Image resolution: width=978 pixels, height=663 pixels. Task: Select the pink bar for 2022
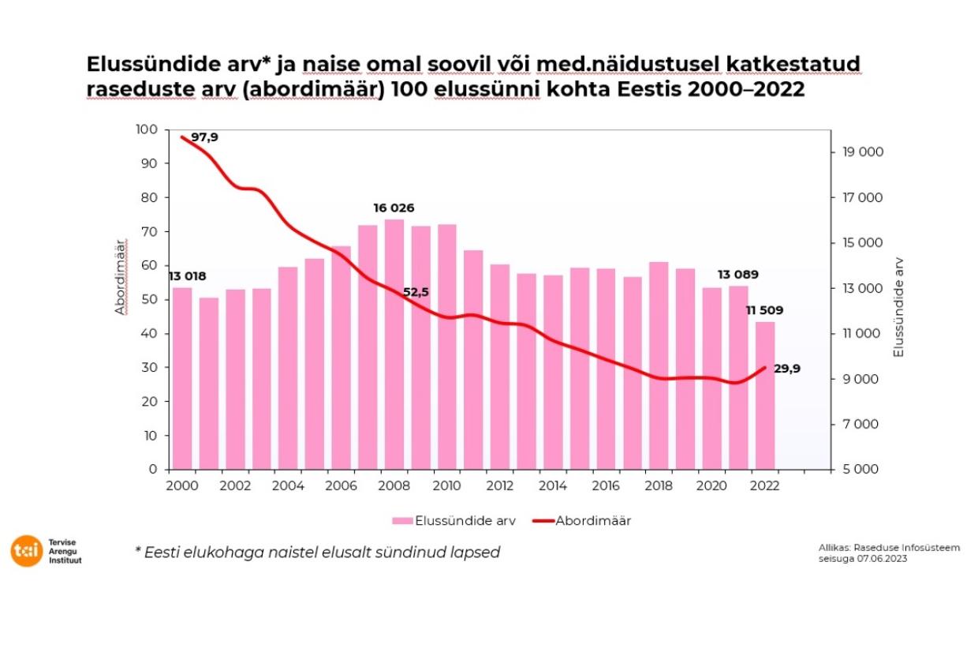(765, 395)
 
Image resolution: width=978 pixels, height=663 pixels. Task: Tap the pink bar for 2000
(182, 378)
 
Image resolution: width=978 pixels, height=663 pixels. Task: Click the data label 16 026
(394, 208)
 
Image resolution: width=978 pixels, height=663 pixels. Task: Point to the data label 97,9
(204, 137)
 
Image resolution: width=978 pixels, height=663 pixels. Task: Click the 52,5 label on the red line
(416, 292)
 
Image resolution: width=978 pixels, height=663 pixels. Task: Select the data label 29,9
(786, 368)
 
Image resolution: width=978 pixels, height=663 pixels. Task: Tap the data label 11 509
(766, 310)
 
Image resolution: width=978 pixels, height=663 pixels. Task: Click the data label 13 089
(737, 275)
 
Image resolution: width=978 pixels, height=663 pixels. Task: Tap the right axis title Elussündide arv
(898, 308)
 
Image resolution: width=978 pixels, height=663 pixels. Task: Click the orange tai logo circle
(25, 551)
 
